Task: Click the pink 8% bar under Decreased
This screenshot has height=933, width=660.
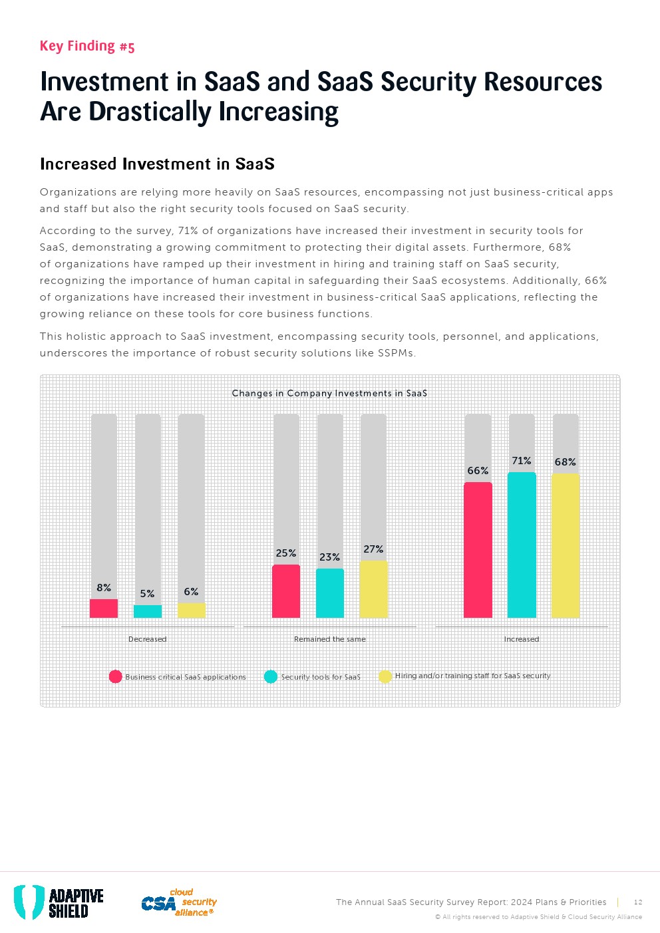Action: click(104, 608)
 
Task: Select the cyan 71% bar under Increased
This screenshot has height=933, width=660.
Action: click(522, 545)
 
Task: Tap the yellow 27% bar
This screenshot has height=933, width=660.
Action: click(373, 589)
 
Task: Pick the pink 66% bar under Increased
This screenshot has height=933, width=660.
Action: click(478, 550)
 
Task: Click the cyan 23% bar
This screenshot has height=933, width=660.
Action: click(330, 593)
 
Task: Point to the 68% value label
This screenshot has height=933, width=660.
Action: click(566, 462)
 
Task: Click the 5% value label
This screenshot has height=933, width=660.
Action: click(147, 594)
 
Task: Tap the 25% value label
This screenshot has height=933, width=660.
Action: click(286, 553)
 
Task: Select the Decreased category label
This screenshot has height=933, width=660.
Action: click(147, 639)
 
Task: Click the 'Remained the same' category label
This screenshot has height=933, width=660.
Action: click(330, 639)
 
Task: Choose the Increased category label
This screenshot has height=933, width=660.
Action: click(522, 639)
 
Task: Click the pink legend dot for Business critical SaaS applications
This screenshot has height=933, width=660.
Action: click(116, 676)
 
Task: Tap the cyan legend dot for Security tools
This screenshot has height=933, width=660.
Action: click(271, 676)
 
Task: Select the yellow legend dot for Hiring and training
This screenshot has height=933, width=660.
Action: click(385, 676)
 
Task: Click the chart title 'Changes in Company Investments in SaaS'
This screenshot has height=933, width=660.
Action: click(329, 393)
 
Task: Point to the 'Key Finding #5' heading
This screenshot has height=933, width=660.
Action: click(87, 46)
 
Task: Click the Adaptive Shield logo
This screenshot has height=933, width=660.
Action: click(59, 902)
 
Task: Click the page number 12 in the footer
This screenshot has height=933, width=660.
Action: click(638, 902)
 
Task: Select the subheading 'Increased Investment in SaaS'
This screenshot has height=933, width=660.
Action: click(157, 164)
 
